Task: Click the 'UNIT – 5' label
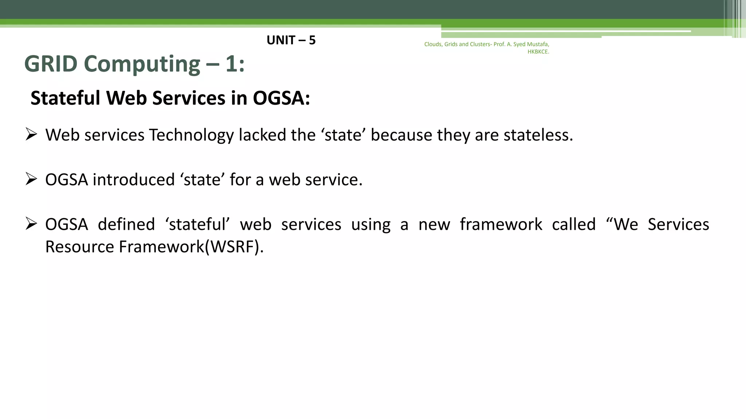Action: pos(291,40)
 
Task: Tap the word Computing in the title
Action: pos(142,64)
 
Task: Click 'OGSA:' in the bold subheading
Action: pos(281,98)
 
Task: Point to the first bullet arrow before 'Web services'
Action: pos(31,135)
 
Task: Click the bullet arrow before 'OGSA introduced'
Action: pos(31,179)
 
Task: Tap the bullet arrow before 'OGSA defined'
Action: pos(31,224)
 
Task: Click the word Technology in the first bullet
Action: pos(191,135)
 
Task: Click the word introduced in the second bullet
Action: pos(134,180)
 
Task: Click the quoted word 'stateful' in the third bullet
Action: pos(197,224)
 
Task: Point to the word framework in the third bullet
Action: pos(501,224)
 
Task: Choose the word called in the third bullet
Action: pos(574,224)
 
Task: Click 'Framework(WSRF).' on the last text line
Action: pos(191,247)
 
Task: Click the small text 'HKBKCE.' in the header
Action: pos(538,52)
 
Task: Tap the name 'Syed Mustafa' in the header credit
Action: pos(531,44)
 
